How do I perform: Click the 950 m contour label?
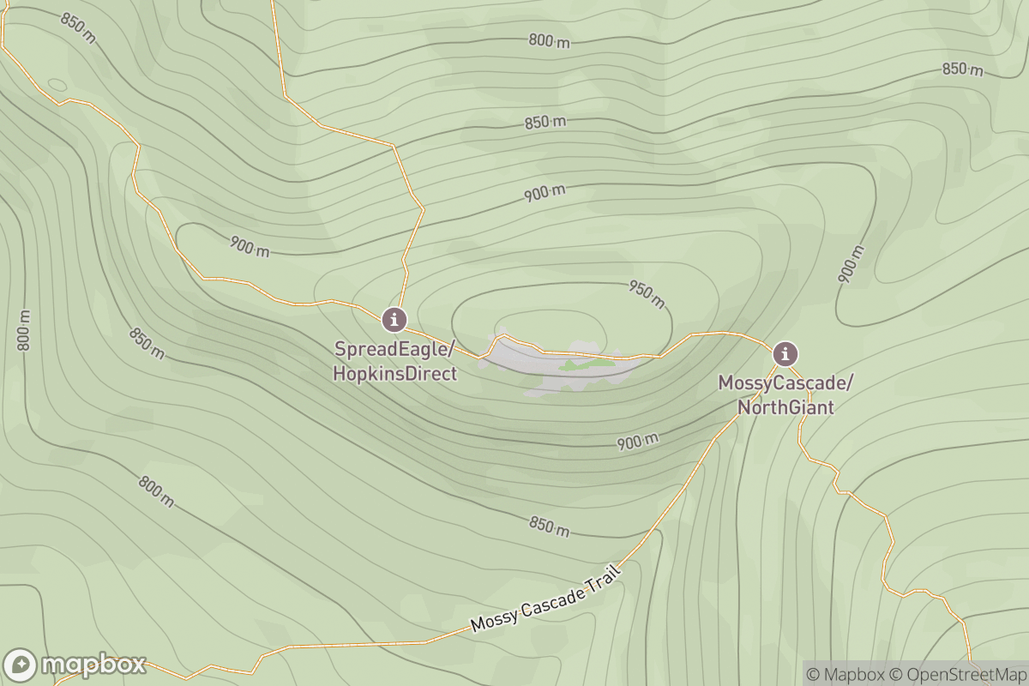click(x=647, y=294)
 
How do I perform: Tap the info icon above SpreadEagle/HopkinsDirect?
click(x=394, y=320)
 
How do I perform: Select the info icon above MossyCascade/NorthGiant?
click(x=785, y=353)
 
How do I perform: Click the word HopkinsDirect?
click(x=395, y=374)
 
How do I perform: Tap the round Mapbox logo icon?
click(x=20, y=665)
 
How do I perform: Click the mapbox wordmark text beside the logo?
click(x=93, y=665)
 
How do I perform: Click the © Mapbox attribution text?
click(x=846, y=674)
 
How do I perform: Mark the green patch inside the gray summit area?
click(x=587, y=364)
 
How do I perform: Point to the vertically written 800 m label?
click(x=24, y=330)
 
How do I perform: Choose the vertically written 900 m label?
click(x=851, y=264)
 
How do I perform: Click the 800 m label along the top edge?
click(x=549, y=40)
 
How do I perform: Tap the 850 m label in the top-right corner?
click(x=962, y=69)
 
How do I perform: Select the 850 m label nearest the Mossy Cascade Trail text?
click(x=549, y=527)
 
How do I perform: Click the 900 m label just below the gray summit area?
click(x=637, y=442)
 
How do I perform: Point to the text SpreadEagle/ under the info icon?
click(x=394, y=350)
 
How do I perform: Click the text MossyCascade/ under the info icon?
click(x=785, y=383)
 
